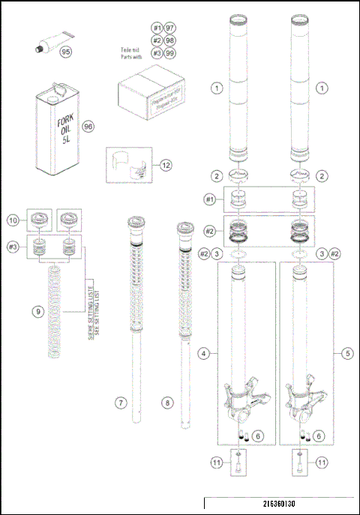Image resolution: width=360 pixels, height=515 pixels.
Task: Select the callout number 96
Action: tap(87, 127)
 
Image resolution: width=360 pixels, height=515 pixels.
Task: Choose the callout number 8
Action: tap(168, 403)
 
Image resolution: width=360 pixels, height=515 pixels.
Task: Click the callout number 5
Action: tap(346, 352)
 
